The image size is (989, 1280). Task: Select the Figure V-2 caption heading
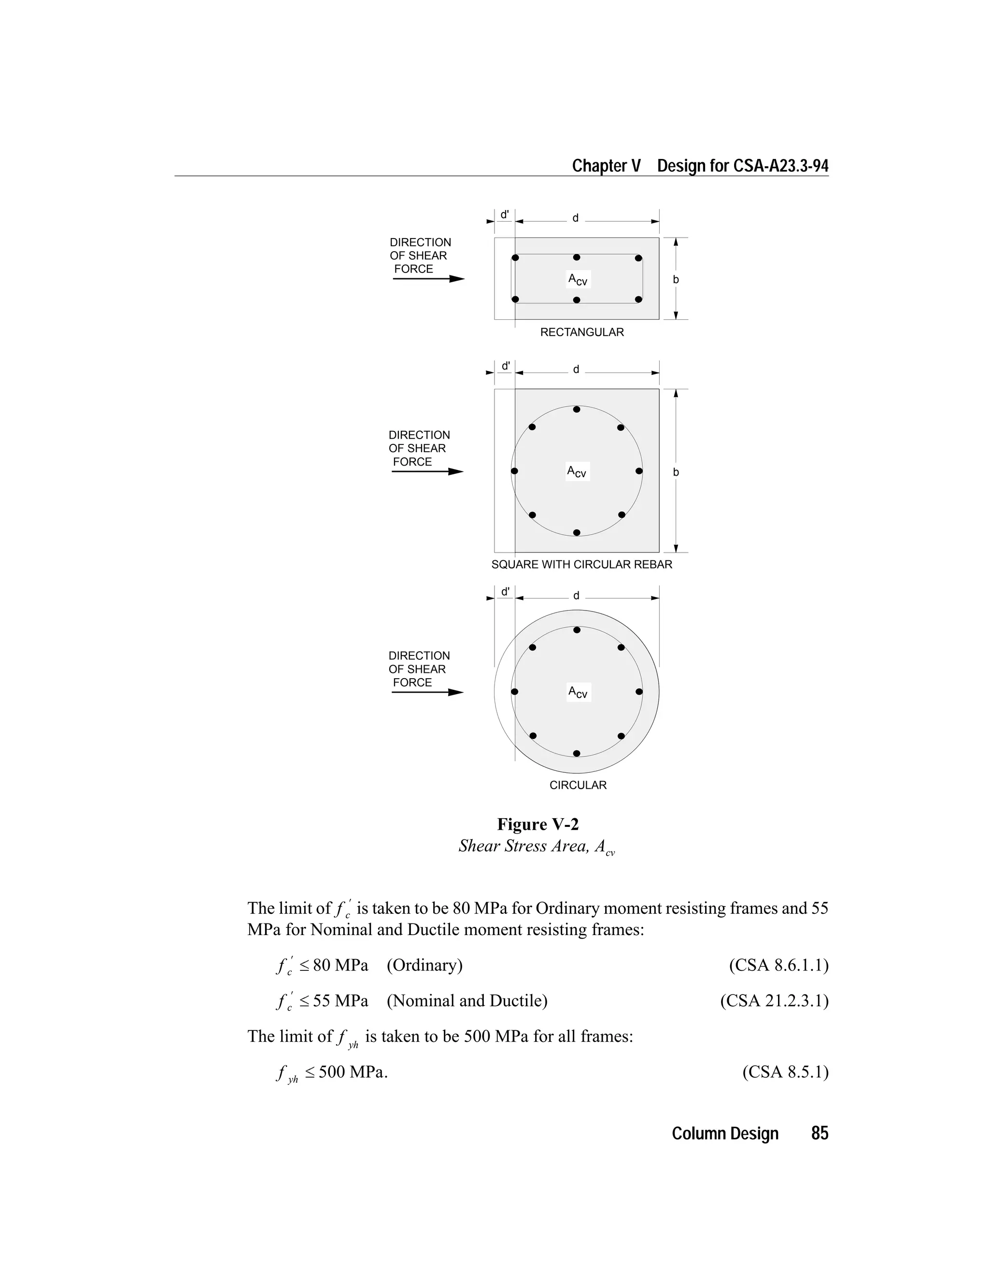(x=538, y=824)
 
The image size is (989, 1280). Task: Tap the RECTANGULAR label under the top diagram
(x=582, y=332)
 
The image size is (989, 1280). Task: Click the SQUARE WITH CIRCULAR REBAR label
(x=581, y=564)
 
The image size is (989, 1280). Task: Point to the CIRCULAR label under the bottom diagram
(x=578, y=785)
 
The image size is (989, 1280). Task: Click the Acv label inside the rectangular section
(x=578, y=280)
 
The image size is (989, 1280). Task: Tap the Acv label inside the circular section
(x=578, y=692)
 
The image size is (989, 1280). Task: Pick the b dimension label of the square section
(x=676, y=472)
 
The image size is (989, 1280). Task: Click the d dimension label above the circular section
(x=576, y=596)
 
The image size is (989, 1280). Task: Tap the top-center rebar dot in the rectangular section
(x=577, y=257)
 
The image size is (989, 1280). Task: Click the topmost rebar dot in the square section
(x=577, y=409)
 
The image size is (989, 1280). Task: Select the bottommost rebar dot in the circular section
(x=577, y=753)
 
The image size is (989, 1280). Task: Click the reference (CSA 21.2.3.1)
(x=774, y=1000)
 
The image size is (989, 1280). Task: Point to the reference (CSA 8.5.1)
(x=785, y=1072)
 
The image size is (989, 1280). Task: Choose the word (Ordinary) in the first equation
(x=424, y=965)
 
